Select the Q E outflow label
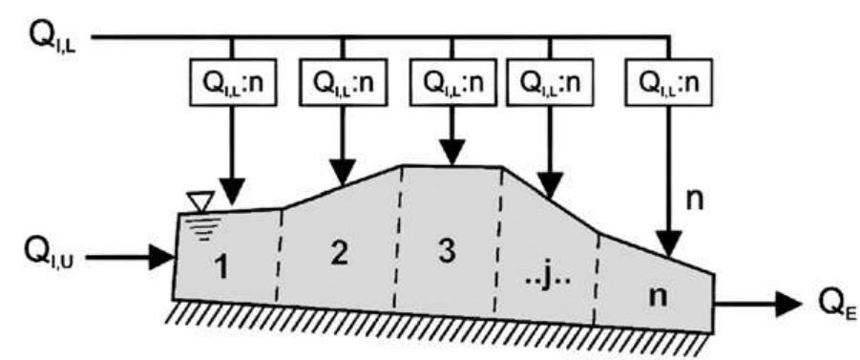(x=828, y=307)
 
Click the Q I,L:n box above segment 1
(x=232, y=83)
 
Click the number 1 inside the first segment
(x=221, y=269)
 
